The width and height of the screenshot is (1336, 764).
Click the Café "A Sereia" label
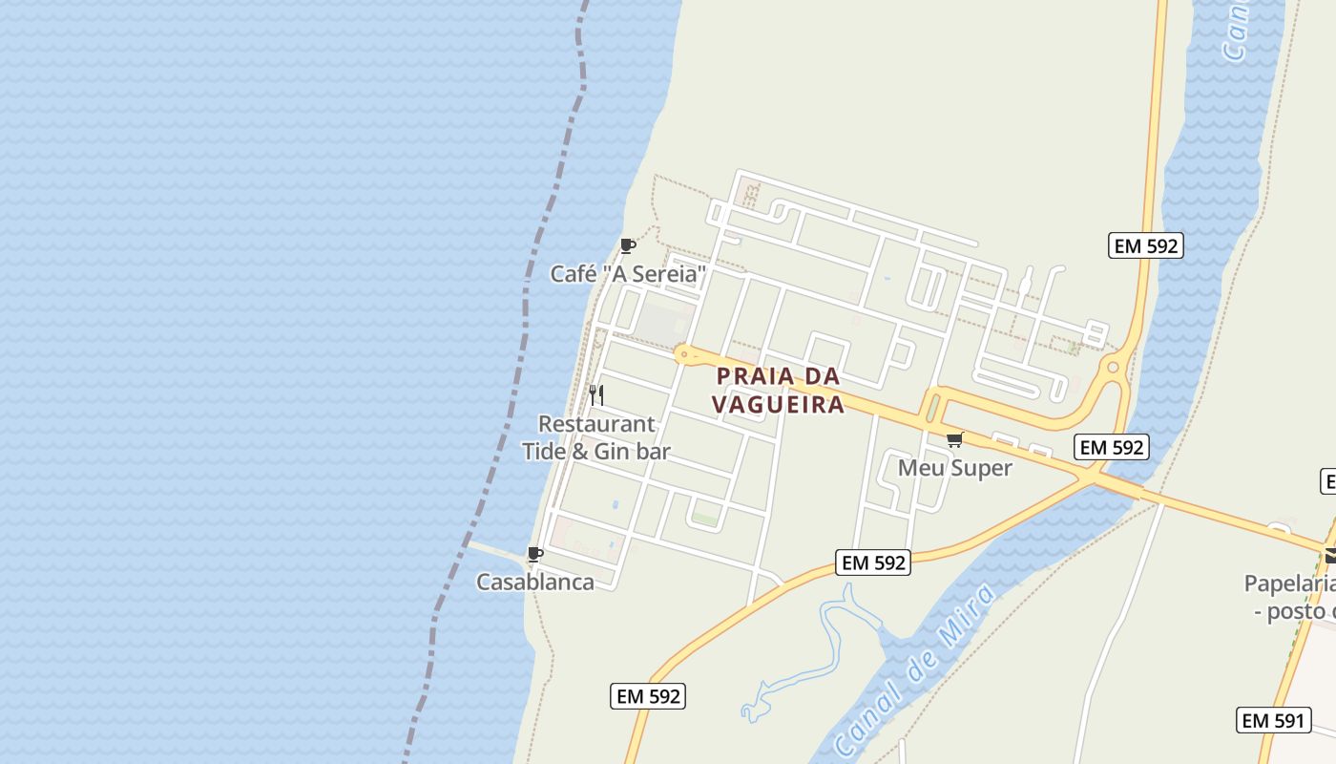point(628,275)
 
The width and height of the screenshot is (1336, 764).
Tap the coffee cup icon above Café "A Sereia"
point(627,246)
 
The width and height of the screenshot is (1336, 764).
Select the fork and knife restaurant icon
point(596,395)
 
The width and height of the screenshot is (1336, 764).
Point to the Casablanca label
point(534,582)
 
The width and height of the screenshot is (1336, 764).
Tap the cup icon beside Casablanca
point(535,555)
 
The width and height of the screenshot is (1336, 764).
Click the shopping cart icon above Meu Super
point(954,440)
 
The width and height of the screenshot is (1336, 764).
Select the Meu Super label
point(954,468)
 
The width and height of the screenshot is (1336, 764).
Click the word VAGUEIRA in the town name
point(779,405)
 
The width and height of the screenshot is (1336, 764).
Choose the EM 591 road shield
point(1273,720)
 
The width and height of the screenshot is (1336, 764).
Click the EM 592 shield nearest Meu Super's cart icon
point(1110,447)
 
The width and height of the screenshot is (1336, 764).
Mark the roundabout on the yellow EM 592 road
point(1113,367)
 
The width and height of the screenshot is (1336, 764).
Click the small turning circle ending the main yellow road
point(684,354)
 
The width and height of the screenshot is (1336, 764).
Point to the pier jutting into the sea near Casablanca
point(496,550)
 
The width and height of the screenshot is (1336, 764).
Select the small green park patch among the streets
point(705,519)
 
